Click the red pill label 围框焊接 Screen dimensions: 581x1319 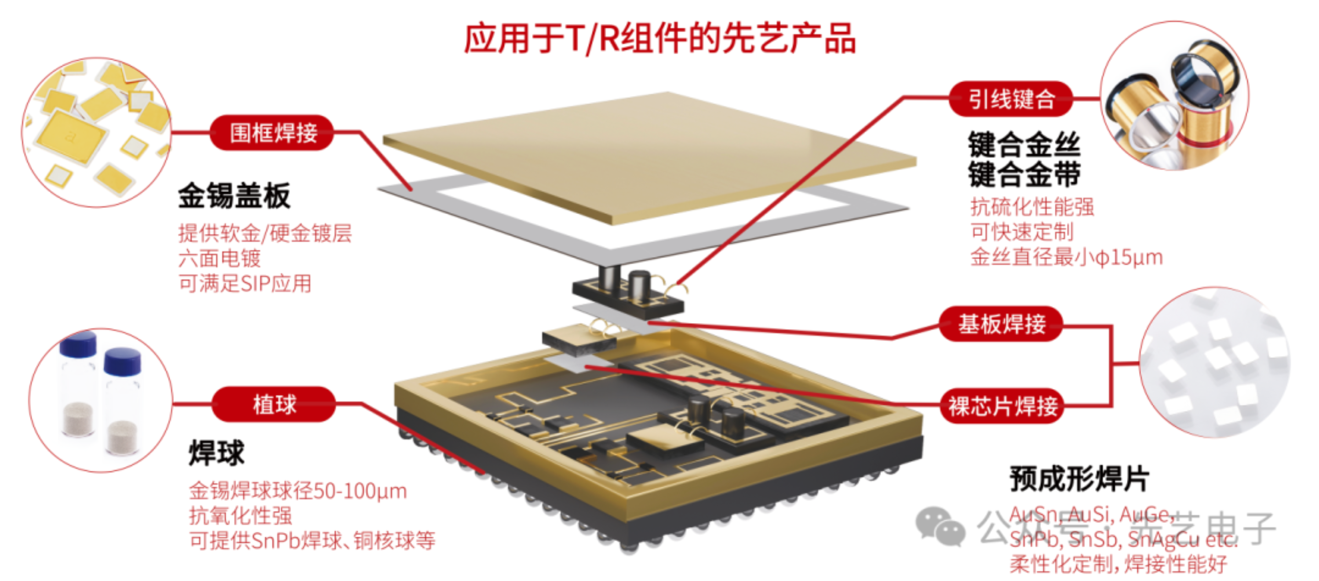[273, 133]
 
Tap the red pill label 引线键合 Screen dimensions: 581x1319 [1011, 98]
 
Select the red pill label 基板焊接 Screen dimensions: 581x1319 [1001, 324]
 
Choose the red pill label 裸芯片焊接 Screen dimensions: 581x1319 [1002, 407]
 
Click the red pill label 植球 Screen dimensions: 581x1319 [274, 404]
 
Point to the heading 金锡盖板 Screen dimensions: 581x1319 [234, 196]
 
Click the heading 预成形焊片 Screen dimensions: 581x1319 [1079, 479]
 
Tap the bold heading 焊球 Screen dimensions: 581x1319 [217, 453]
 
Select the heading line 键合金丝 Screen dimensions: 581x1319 [1024, 145]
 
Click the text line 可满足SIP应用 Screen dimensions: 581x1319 [245, 283]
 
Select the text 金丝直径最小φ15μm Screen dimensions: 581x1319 [1067, 257]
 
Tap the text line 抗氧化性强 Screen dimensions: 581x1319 [240, 515]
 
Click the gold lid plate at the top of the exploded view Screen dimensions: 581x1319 [650, 153]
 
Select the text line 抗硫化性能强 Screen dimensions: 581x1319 [1032, 207]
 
